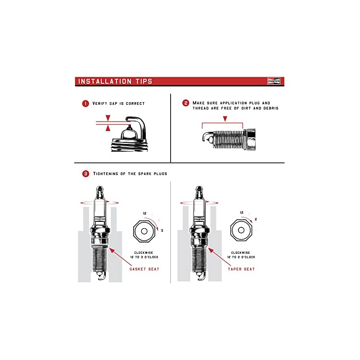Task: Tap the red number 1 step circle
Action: pos(85,103)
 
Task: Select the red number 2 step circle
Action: pos(185,103)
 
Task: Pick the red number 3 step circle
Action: pos(85,173)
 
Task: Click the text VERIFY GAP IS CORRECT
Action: pos(118,103)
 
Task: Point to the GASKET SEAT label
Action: pos(144,269)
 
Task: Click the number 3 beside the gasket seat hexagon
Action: pos(162,230)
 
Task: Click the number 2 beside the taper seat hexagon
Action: pos(256,220)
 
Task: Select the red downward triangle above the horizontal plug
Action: pos(225,118)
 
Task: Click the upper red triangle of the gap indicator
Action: pos(108,118)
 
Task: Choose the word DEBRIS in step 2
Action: pos(270,108)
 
